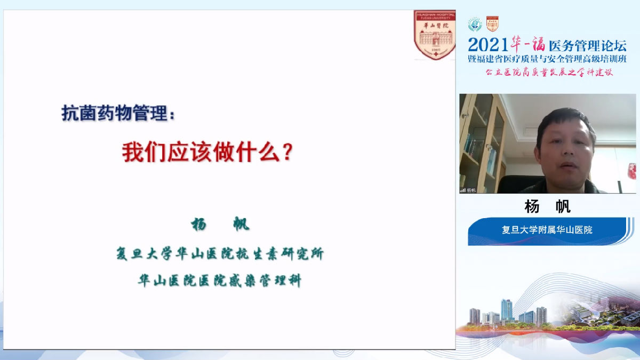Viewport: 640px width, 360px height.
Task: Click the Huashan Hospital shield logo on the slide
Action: click(x=435, y=35)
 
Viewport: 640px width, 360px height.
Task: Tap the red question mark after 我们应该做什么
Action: click(x=287, y=153)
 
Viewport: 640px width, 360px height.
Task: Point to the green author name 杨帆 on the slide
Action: click(x=220, y=225)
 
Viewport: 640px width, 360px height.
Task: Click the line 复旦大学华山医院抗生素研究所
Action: click(x=220, y=254)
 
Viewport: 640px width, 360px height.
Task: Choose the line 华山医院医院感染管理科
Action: click(x=220, y=281)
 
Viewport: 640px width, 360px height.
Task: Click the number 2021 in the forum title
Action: click(x=487, y=45)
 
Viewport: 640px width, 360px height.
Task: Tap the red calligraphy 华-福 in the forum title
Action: click(x=528, y=44)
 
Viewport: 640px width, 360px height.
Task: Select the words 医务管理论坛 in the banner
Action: click(x=587, y=45)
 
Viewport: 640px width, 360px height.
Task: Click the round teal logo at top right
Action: click(x=475, y=25)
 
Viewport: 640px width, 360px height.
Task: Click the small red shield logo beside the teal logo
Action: click(x=492, y=23)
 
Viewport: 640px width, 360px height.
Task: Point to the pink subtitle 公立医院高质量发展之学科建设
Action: click(x=549, y=72)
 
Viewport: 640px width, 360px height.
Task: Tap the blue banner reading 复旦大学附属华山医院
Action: click(x=547, y=230)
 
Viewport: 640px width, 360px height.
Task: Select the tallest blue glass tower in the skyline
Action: click(x=506, y=310)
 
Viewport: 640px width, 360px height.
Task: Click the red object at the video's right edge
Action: click(x=631, y=171)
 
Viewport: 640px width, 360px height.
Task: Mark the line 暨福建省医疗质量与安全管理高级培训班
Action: click(x=547, y=59)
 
